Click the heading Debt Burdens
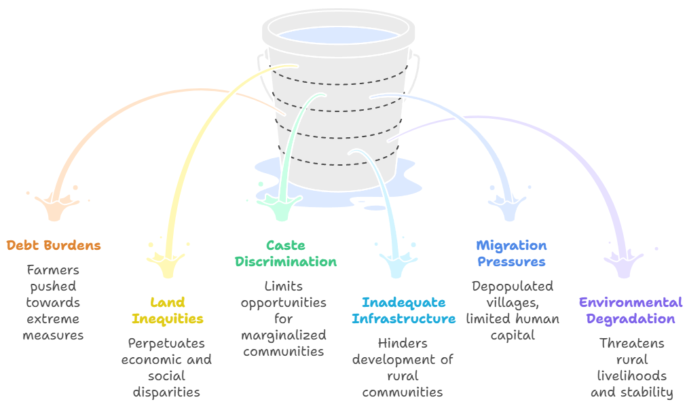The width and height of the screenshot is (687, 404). pos(54,245)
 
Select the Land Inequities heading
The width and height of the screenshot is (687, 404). pos(167,310)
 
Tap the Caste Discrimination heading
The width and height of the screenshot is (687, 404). pos(285,253)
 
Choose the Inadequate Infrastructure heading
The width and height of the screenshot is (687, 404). pos(403,310)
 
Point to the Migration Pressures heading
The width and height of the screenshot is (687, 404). pos(511,253)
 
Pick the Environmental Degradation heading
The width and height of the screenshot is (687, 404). pos(631,310)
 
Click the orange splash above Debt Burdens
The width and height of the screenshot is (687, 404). pos(55,204)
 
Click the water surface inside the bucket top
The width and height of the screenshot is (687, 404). pos(338,35)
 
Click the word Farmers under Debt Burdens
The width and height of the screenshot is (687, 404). pos(53,270)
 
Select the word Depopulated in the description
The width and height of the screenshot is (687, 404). pos(513,286)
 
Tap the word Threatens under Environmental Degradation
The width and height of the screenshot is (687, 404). pos(631,343)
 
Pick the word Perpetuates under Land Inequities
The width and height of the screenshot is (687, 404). pos(166,343)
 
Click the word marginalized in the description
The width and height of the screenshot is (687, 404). pos(284,335)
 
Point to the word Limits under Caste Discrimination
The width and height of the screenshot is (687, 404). pos(284,286)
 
